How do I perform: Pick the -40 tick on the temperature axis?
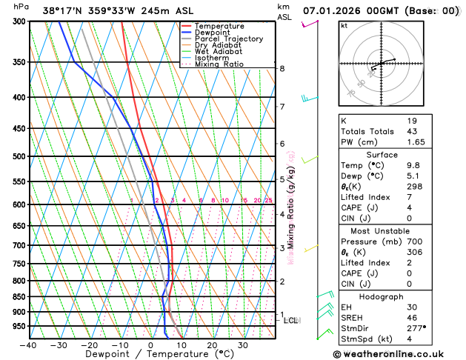pos(29,345)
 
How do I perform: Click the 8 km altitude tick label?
pos(282,69)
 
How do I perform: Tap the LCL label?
pos(291,321)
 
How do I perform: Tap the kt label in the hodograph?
pos(344,26)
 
